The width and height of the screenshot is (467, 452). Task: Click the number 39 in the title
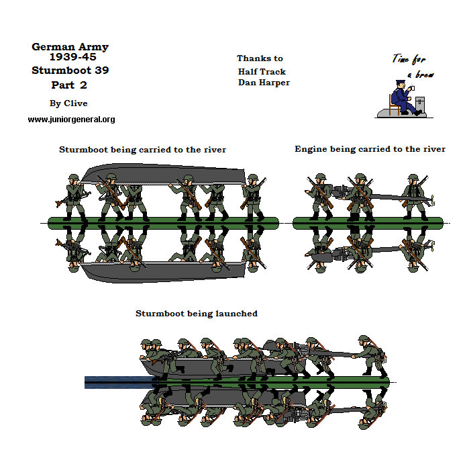[102, 71]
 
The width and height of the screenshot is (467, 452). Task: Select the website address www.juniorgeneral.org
[72, 120]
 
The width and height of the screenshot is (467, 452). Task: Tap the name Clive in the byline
[76, 103]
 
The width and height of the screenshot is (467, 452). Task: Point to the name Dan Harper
[264, 83]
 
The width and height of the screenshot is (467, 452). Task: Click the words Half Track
[262, 72]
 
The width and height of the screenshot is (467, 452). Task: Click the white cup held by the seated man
[412, 88]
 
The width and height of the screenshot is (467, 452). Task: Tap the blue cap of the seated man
[400, 81]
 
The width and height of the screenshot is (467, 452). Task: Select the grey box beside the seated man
[420, 103]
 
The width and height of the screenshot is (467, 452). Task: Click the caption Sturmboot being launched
[197, 314]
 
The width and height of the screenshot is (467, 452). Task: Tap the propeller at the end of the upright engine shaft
[432, 199]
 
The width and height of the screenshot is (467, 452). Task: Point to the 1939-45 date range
[73, 56]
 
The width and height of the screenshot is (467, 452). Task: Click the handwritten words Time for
[409, 58]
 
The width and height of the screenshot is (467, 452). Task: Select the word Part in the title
[62, 85]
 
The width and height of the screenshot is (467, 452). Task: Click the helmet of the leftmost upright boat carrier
[74, 178]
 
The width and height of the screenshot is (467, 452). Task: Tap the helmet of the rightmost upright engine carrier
[413, 177]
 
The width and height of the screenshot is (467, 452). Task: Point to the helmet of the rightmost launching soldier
[364, 338]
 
